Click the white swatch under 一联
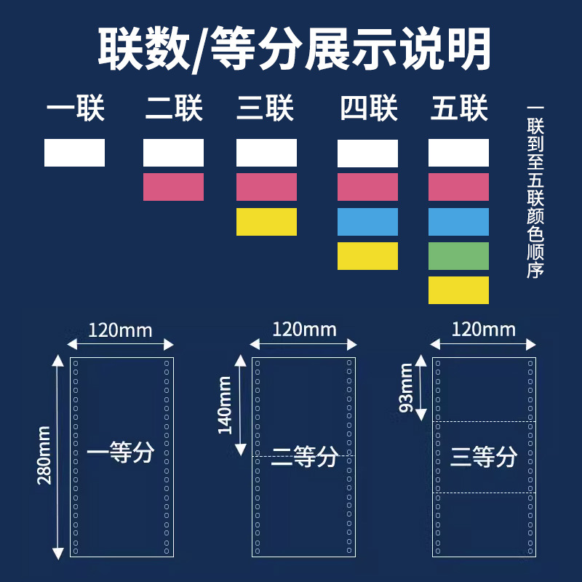[x=74, y=153]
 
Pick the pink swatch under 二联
[x=173, y=187]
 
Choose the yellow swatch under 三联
[x=266, y=222]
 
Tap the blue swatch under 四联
[x=367, y=222]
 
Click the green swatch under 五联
[x=458, y=256]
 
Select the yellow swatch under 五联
[x=458, y=290]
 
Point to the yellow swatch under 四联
[x=367, y=256]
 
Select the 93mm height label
[x=407, y=388]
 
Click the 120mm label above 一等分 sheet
[x=120, y=331]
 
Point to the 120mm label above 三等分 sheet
[x=483, y=330]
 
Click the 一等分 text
[x=120, y=454]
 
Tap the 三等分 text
[x=483, y=457]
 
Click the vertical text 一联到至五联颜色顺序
[x=536, y=193]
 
